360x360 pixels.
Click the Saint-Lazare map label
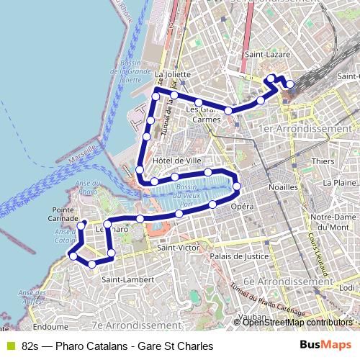264,53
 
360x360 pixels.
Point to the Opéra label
243,207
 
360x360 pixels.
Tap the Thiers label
324,161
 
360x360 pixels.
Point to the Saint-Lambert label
123,279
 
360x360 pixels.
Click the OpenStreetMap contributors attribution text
297,323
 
